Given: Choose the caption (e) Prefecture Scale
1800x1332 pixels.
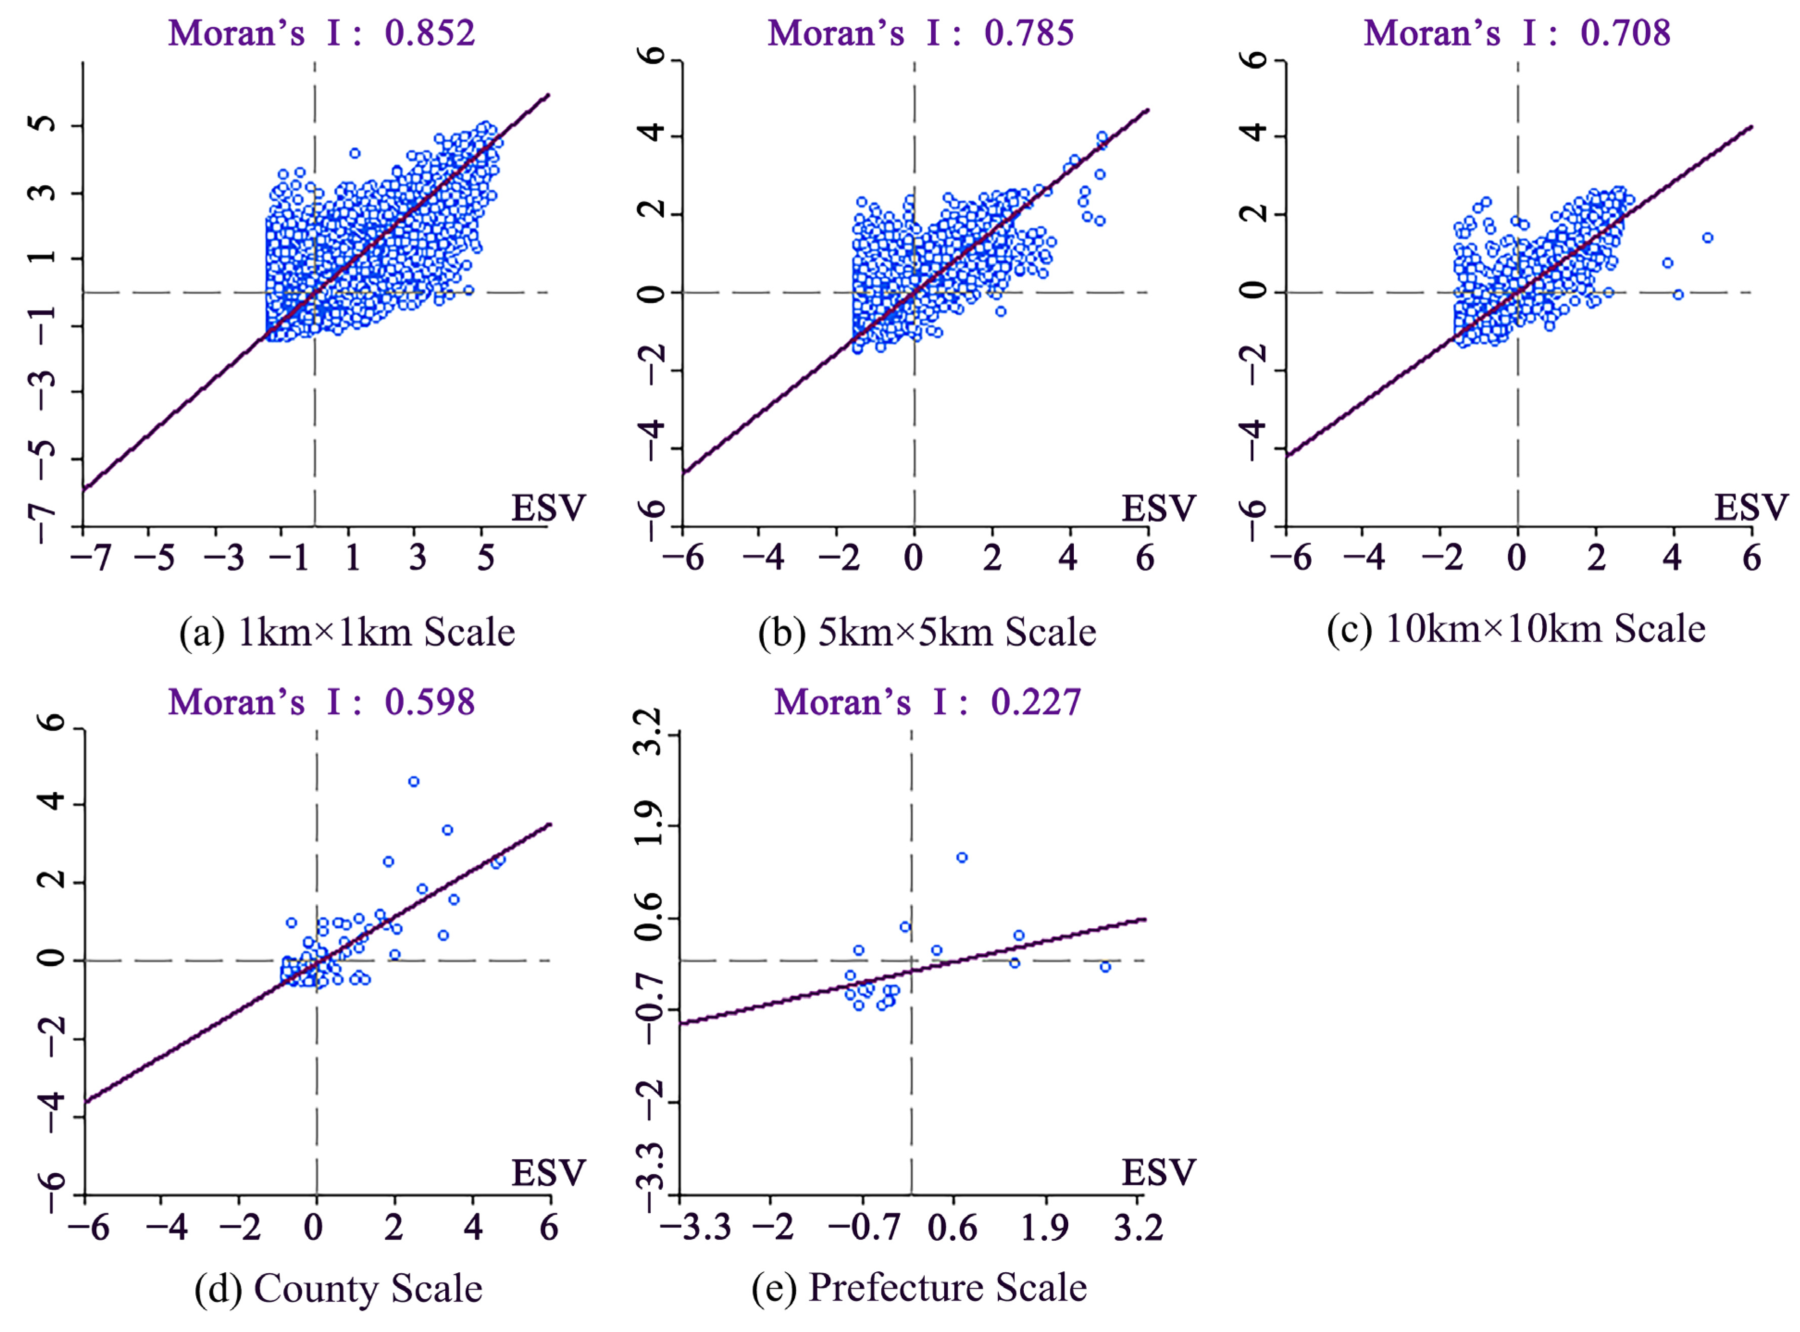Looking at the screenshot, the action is coord(919,1288).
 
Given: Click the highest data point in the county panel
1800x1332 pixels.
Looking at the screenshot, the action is coord(413,782).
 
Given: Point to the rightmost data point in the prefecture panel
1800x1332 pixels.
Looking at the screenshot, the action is coord(1105,967).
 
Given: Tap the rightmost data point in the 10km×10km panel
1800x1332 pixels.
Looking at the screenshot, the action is coord(1707,238).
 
